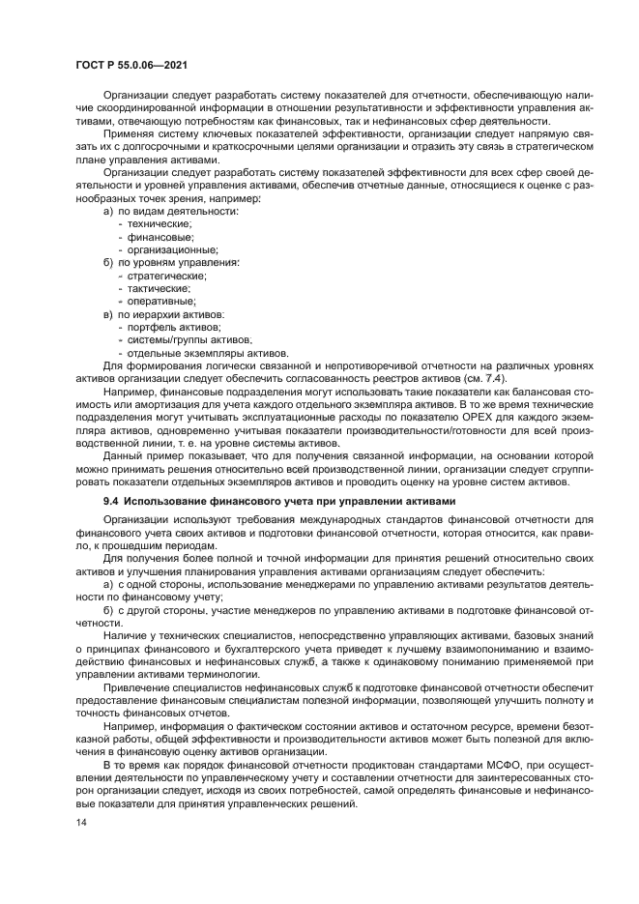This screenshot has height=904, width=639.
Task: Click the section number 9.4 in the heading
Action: (x=112, y=500)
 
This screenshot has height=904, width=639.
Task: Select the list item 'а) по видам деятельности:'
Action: (x=170, y=210)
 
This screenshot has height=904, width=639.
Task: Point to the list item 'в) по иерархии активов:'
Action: (x=164, y=314)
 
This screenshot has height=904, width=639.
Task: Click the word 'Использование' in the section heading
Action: (x=170, y=500)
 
